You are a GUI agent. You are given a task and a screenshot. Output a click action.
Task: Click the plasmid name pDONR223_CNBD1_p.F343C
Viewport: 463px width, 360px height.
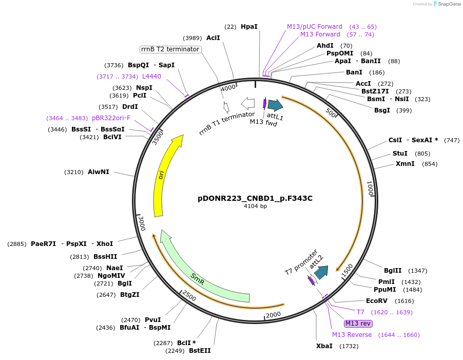[x=255, y=198]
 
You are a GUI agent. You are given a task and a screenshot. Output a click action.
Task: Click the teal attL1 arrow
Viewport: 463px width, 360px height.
[x=275, y=105]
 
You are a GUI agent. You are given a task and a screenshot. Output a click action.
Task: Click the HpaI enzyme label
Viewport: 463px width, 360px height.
[x=249, y=26]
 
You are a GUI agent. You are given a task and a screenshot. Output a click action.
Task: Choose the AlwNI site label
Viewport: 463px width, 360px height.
[x=98, y=172]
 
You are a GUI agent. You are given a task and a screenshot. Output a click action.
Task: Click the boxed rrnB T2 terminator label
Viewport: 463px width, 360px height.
[x=170, y=49]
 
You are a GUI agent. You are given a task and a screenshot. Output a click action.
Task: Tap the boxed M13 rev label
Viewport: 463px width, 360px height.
[x=358, y=324]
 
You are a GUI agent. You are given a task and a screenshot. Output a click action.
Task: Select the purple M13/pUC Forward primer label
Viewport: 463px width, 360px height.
[x=314, y=26]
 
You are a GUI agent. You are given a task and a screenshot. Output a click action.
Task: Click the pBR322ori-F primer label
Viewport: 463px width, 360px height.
[x=111, y=118]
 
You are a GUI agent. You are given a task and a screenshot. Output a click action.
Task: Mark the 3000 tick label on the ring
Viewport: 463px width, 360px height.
[x=142, y=224]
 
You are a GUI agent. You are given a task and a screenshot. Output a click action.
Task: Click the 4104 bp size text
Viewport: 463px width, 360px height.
[x=255, y=206]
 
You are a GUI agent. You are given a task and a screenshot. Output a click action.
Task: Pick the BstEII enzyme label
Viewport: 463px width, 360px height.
[x=200, y=351]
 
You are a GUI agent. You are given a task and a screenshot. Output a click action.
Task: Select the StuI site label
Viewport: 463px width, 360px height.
[x=400, y=154]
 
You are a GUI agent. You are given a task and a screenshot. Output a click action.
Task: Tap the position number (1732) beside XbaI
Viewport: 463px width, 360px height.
[x=348, y=346]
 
